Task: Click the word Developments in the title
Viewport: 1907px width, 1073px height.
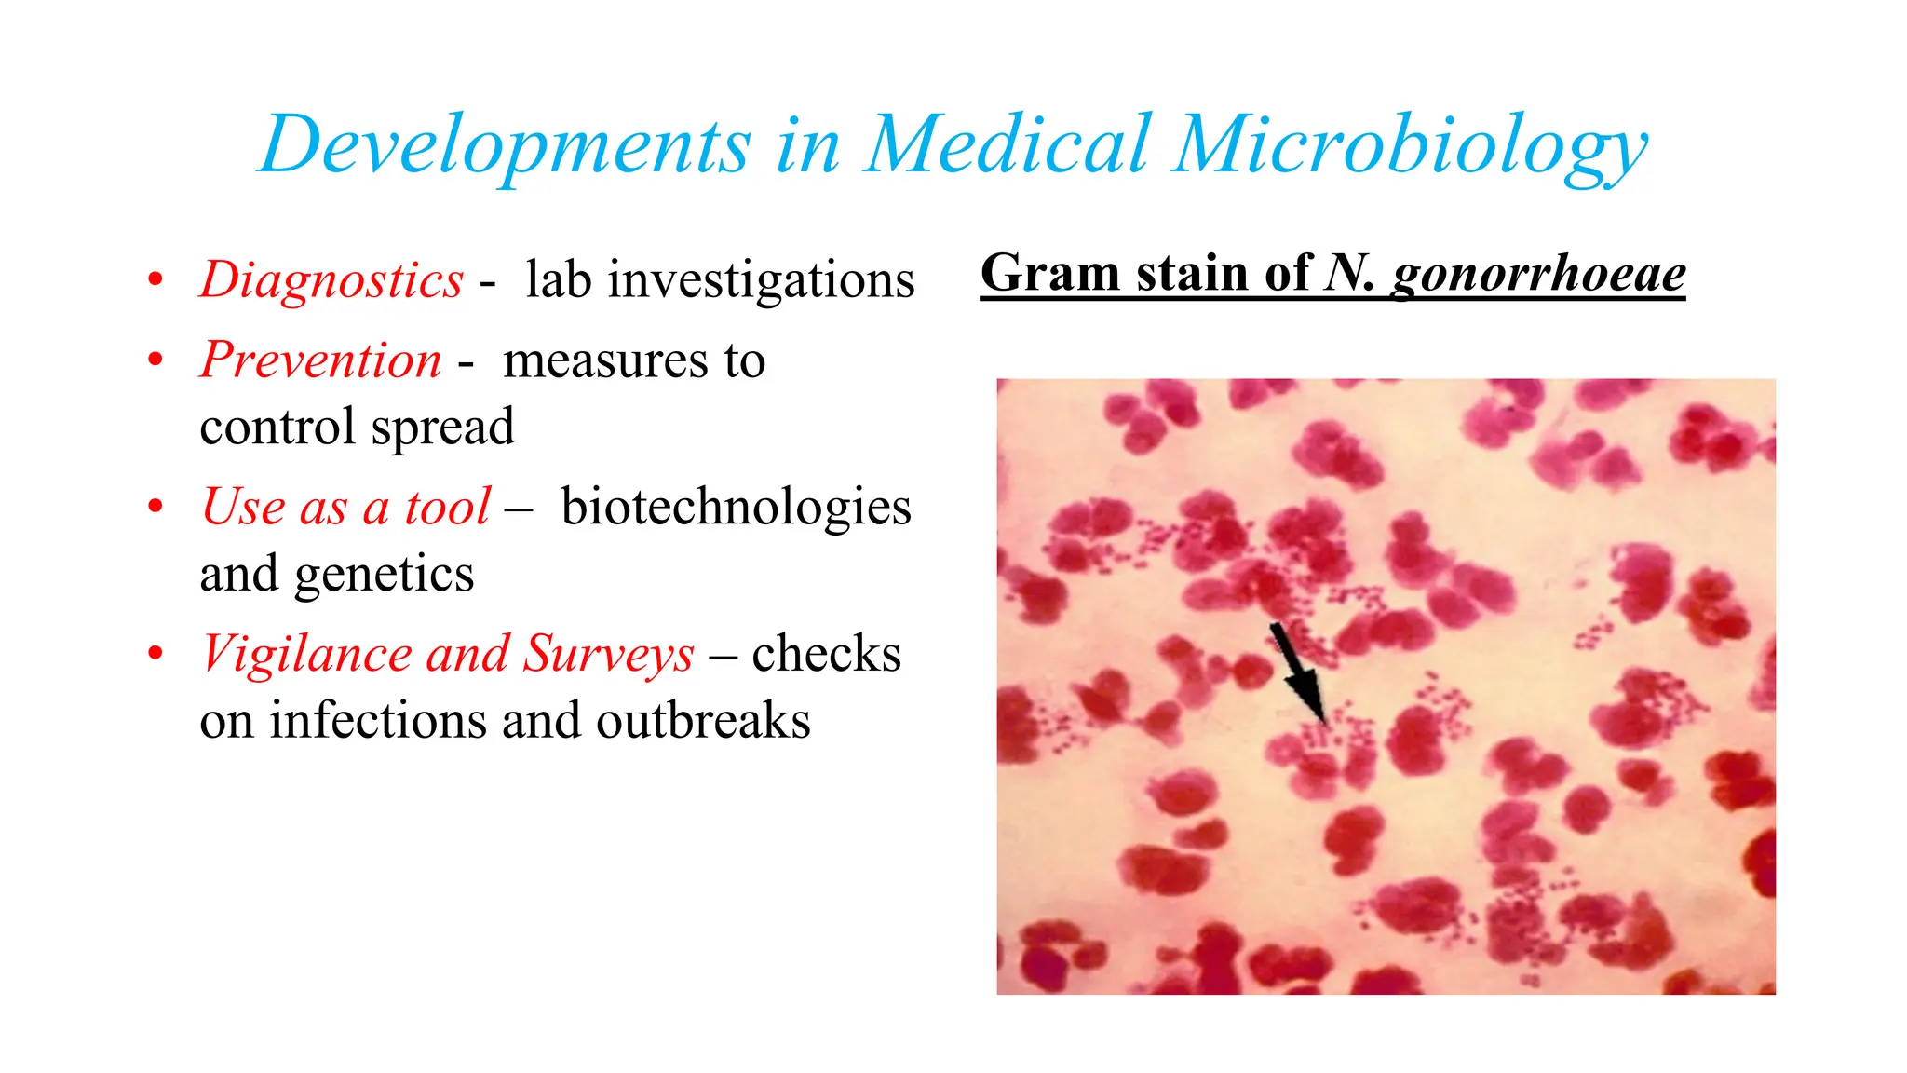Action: [x=504, y=145]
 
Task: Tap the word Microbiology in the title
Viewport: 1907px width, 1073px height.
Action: [x=1410, y=145]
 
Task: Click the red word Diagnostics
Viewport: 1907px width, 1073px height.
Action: [x=331, y=279]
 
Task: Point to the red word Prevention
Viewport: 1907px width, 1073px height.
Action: [x=320, y=360]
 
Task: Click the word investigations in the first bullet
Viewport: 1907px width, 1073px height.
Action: [x=761, y=279]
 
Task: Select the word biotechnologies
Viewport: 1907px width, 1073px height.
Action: [x=736, y=508]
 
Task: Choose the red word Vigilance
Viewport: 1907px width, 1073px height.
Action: [x=304, y=653]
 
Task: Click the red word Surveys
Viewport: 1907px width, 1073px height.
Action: [x=608, y=653]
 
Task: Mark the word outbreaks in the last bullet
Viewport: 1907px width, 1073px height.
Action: [x=703, y=721]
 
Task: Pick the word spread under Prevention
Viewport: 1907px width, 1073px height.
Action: [x=442, y=428]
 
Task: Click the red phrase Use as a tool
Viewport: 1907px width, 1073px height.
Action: [x=345, y=508]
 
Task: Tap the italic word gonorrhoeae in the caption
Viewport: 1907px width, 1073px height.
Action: [x=1538, y=274]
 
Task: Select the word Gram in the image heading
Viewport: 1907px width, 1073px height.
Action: [x=1049, y=274]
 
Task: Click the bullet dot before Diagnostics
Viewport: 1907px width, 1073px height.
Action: [x=156, y=279]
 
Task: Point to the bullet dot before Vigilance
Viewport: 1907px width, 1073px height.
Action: [x=156, y=654]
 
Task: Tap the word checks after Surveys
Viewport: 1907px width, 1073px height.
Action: [x=826, y=653]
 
